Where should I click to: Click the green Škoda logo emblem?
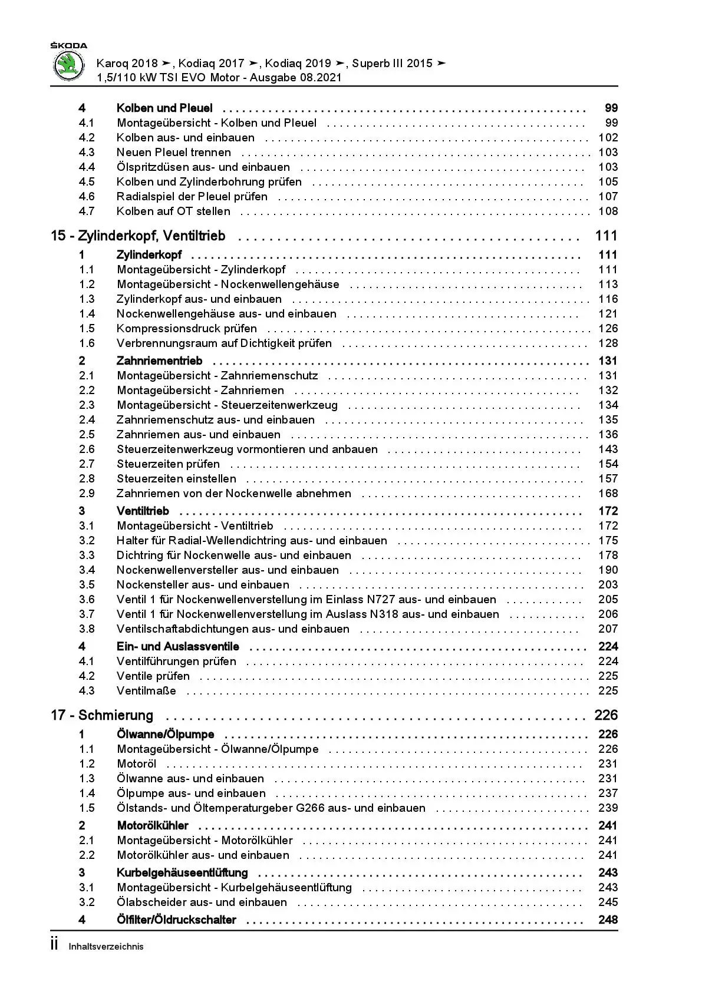tap(69, 66)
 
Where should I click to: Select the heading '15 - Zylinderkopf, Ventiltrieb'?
tap(138, 236)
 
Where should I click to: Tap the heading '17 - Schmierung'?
tap(102, 715)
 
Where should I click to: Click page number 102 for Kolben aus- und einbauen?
tap(608, 138)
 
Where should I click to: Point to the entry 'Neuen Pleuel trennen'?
tap(174, 153)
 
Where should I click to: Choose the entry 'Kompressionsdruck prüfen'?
tap(187, 329)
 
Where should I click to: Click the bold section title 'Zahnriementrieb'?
tap(159, 361)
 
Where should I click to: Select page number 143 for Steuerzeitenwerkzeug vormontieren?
tap(608, 449)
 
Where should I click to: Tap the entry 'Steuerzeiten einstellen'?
tap(176, 479)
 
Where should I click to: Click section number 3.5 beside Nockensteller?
tap(87, 585)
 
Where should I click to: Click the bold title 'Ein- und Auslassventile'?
tap(177, 647)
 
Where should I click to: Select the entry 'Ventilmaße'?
tap(146, 691)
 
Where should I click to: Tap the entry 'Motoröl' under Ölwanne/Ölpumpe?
tap(137, 764)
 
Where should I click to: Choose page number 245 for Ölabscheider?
tap(608, 902)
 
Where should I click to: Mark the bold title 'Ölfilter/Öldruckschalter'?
tap(176, 920)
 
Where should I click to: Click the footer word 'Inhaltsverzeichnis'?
tap(106, 947)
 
